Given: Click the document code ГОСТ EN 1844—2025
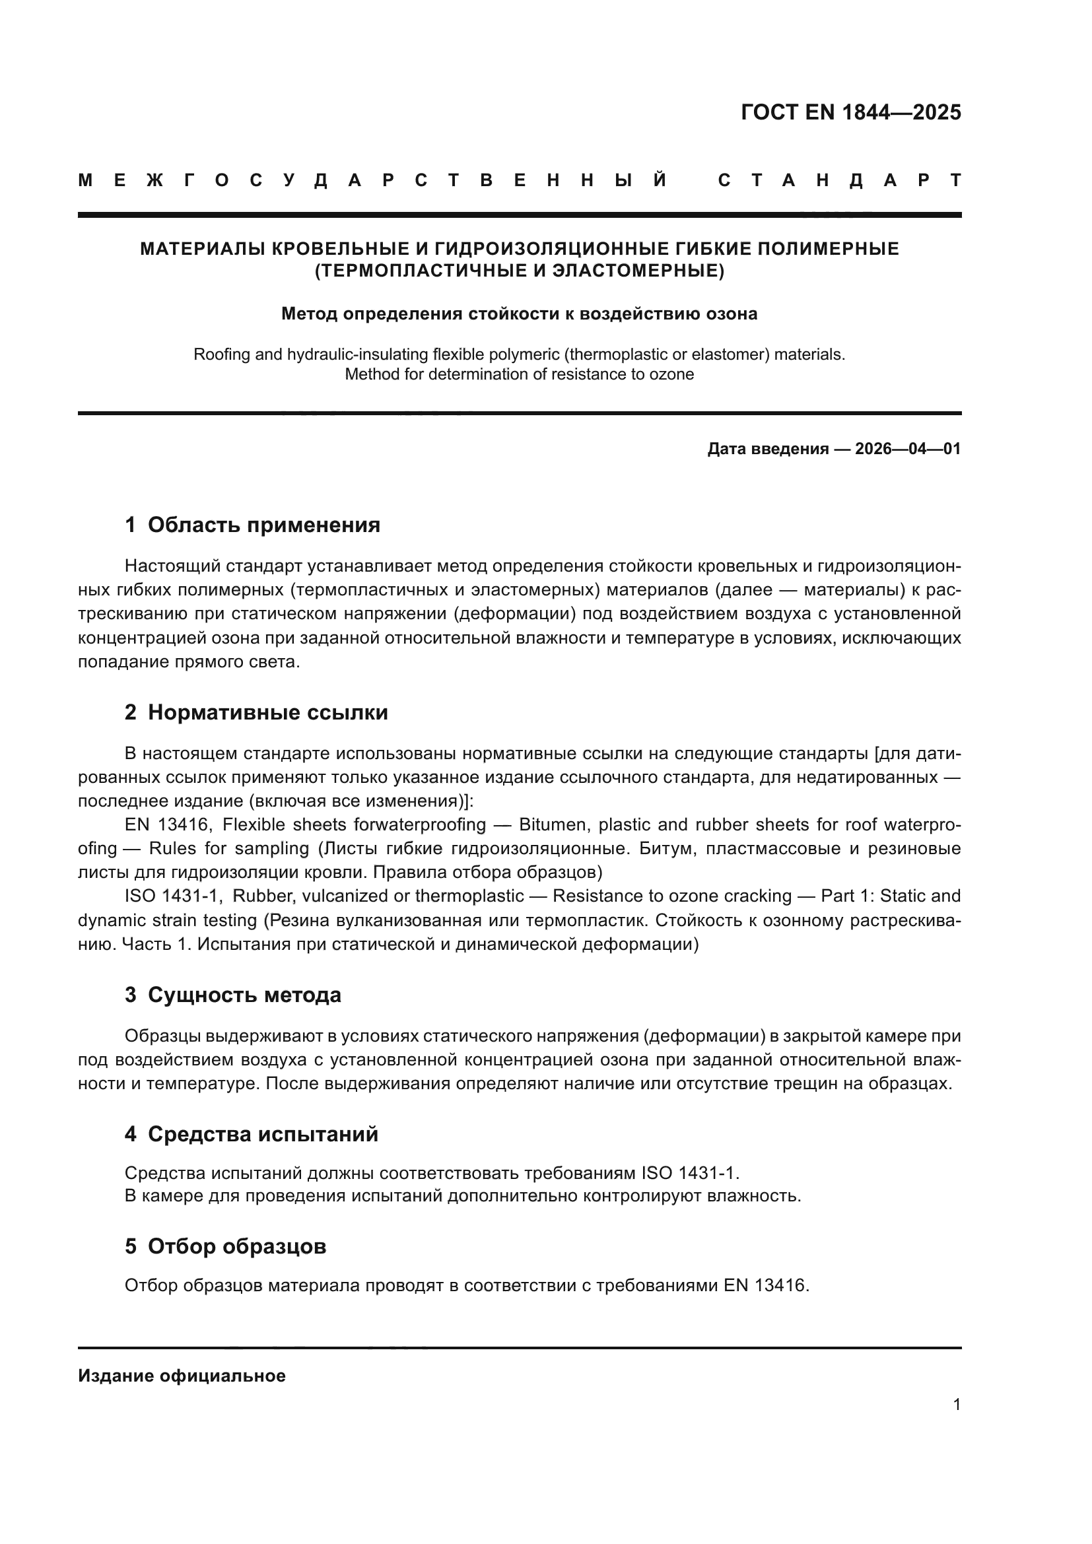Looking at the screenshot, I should click(850, 112).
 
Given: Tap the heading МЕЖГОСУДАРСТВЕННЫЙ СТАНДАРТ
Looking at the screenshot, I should click(519, 180).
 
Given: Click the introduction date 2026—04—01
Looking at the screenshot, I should click(908, 448).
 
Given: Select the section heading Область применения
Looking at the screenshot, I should click(263, 525).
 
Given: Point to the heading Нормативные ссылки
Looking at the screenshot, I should click(267, 712).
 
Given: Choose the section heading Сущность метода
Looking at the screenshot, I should click(244, 995).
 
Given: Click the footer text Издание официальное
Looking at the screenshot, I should click(182, 1376).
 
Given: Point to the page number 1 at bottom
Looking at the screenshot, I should click(956, 1404).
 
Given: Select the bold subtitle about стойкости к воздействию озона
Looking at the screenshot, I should click(519, 314).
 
